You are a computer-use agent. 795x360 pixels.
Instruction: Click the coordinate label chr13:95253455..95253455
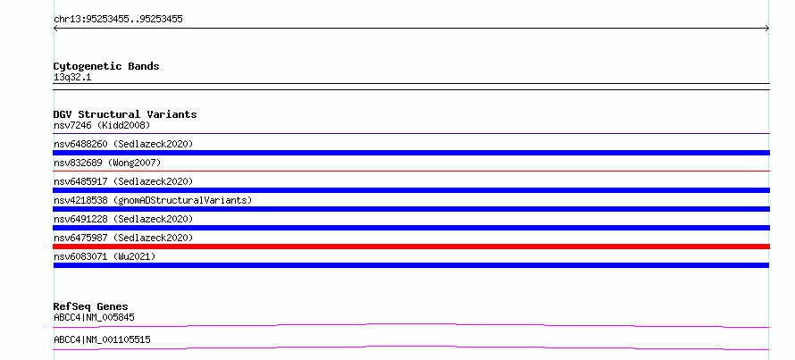point(118,20)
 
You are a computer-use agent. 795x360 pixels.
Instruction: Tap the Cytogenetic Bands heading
point(106,66)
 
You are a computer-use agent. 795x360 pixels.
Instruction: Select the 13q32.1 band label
point(72,78)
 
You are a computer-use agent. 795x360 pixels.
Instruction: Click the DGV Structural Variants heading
point(125,114)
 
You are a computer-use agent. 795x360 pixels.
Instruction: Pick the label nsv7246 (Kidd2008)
point(102,125)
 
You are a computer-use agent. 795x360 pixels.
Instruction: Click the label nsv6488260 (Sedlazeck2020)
point(123,144)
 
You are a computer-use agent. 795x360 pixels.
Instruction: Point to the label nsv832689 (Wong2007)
point(107,163)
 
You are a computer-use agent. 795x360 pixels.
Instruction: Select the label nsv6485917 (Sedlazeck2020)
point(123,181)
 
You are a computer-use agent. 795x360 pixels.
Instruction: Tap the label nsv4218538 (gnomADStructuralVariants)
point(153,200)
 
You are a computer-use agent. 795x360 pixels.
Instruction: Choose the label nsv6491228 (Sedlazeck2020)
point(123,219)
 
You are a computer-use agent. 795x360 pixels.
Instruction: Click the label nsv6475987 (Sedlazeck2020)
point(123,238)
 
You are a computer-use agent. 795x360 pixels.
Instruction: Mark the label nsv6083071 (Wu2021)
point(105,256)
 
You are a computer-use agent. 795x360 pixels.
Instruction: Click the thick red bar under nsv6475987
point(411,247)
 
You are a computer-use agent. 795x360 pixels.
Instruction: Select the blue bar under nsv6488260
point(411,153)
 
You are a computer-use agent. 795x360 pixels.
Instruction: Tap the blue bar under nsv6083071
point(411,265)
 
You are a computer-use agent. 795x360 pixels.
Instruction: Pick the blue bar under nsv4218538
point(411,209)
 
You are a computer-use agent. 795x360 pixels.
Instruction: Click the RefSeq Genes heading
point(91,306)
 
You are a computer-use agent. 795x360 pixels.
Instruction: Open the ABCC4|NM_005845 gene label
point(94,317)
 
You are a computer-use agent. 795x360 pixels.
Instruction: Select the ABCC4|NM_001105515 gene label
point(102,339)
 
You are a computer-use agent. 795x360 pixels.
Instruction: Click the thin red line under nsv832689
point(411,172)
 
